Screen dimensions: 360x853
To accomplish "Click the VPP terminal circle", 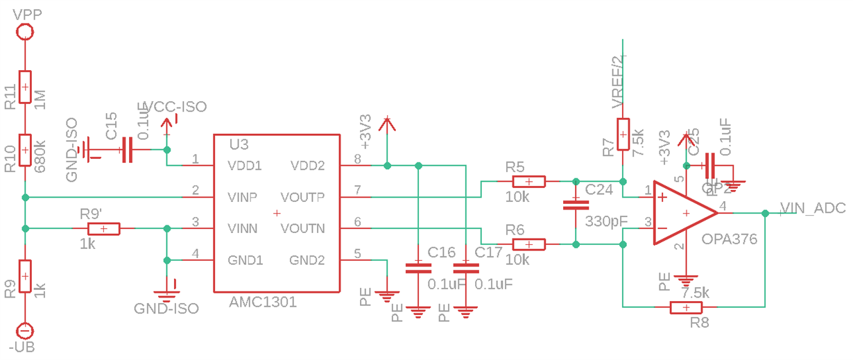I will (25, 31).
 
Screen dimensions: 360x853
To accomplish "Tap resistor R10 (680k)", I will (25, 149).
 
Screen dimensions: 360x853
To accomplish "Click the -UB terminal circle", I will (25, 332).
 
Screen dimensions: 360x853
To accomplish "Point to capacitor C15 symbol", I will (126, 149).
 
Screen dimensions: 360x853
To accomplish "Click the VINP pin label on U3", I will (243, 197).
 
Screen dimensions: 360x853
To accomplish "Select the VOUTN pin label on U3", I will (303, 228).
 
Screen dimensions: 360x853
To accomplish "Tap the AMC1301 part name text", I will (263, 302).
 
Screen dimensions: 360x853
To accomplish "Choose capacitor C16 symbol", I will (417, 268).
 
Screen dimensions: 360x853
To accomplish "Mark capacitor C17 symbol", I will (465, 268).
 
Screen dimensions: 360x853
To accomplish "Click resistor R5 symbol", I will (528, 182).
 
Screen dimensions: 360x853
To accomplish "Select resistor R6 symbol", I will (528, 243).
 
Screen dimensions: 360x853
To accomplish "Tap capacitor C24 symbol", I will (575, 204).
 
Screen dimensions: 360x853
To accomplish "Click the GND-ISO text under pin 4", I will (166, 308).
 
